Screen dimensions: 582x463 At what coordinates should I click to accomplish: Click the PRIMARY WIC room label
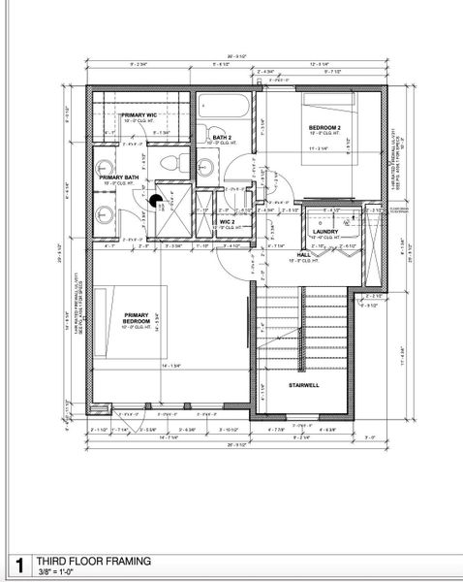[x=139, y=115]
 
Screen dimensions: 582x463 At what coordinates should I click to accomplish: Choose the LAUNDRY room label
[x=324, y=232]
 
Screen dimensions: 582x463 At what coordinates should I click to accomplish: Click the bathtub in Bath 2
[x=227, y=105]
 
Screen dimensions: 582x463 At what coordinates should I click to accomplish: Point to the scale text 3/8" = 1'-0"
[x=59, y=572]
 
